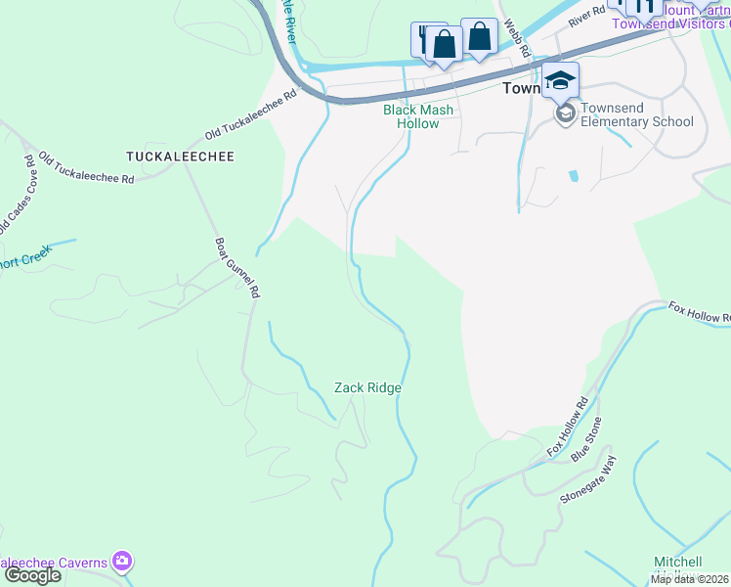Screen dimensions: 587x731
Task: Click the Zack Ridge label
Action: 367,387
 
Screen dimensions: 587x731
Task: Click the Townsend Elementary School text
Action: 636,115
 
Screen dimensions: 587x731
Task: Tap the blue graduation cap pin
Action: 561,79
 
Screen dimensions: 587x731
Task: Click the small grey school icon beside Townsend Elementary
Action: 565,114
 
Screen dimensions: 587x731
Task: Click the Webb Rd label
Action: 517,37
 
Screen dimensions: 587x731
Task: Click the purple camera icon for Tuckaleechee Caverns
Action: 122,562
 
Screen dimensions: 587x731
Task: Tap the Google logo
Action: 31,575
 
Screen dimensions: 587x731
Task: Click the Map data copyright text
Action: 690,579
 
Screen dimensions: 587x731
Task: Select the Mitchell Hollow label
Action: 677,567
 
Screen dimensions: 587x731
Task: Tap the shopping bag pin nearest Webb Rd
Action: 479,37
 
